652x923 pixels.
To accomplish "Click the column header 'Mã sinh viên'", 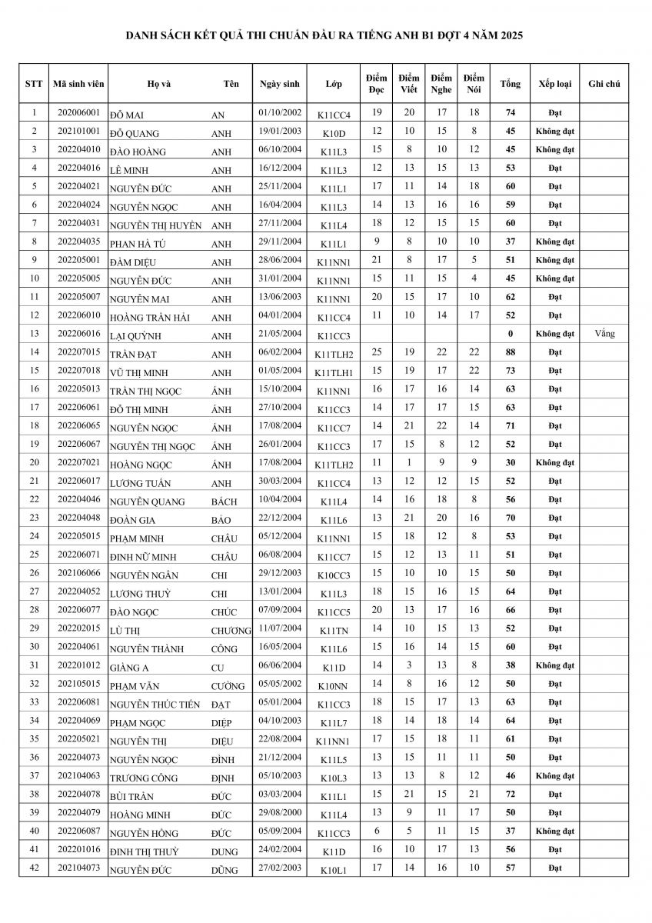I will [78, 84].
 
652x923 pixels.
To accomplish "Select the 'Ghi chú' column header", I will [604, 84].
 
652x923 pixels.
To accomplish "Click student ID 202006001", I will [78, 113].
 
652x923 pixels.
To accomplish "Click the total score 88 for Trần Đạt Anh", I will [510, 352].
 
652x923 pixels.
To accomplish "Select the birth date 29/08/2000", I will [281, 813].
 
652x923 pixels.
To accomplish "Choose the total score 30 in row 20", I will [510, 463].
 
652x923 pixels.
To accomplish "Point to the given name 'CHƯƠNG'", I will [231, 631].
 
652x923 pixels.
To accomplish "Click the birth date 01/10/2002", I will [281, 113].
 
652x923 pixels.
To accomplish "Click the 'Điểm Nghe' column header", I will [441, 84].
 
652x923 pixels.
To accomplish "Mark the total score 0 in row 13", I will [510, 334].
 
